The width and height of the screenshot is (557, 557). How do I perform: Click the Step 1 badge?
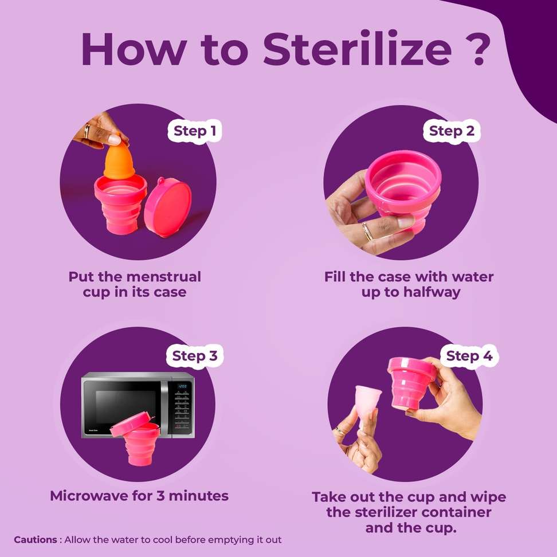(x=195, y=131)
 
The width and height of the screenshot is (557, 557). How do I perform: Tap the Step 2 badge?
(x=451, y=131)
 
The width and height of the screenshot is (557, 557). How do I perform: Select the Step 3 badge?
(x=194, y=356)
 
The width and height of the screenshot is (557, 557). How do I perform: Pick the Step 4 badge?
(x=469, y=356)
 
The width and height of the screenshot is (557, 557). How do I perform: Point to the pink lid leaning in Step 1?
(x=168, y=207)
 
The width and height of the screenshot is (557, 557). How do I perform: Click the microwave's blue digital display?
(x=182, y=386)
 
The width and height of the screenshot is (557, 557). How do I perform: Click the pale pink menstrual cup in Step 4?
(x=368, y=406)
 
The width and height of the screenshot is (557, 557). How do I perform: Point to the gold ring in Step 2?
(x=368, y=231)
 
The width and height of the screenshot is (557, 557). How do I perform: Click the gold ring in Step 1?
(x=87, y=131)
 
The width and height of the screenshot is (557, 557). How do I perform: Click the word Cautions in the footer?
(x=35, y=540)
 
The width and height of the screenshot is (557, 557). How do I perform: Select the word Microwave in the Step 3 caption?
(x=88, y=496)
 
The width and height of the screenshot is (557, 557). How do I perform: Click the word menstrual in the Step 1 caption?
(x=164, y=276)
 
